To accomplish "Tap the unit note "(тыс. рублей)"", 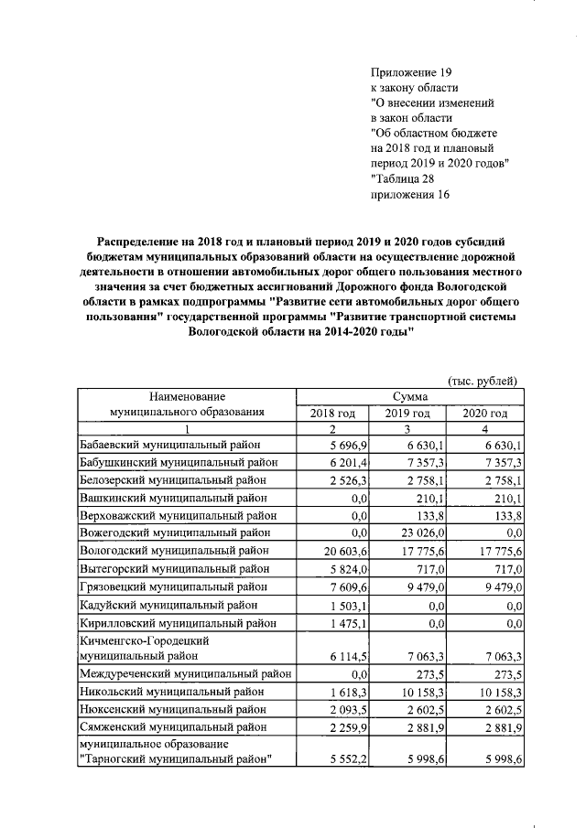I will point(482,381).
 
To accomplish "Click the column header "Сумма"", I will point(410,397).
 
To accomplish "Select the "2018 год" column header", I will point(333,414).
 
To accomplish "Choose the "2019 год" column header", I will point(407,414).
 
